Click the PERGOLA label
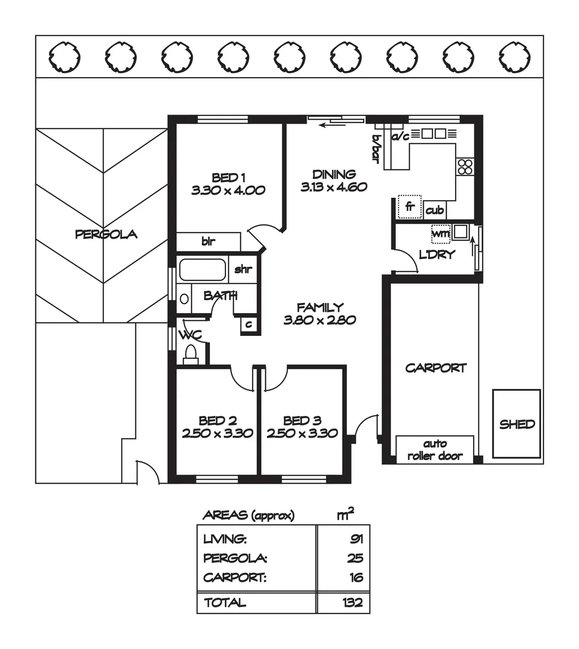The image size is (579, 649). (x=106, y=234)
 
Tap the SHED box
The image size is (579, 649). (x=517, y=424)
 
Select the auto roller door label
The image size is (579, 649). (x=435, y=450)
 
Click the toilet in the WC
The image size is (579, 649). (x=191, y=354)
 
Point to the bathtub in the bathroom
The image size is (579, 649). (x=203, y=270)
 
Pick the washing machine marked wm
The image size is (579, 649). (x=441, y=233)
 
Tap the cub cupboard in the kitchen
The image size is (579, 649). (x=435, y=210)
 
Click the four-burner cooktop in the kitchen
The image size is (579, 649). (x=465, y=166)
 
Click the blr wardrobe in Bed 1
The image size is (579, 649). (x=208, y=242)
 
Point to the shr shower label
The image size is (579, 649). (x=242, y=269)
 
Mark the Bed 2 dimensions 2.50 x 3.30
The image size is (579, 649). (x=217, y=433)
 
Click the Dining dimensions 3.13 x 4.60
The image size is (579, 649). (x=334, y=187)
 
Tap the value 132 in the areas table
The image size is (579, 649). (x=354, y=603)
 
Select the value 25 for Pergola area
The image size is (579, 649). (x=356, y=558)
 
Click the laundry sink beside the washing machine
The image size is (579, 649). (x=461, y=231)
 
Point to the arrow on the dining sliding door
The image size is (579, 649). (x=328, y=125)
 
